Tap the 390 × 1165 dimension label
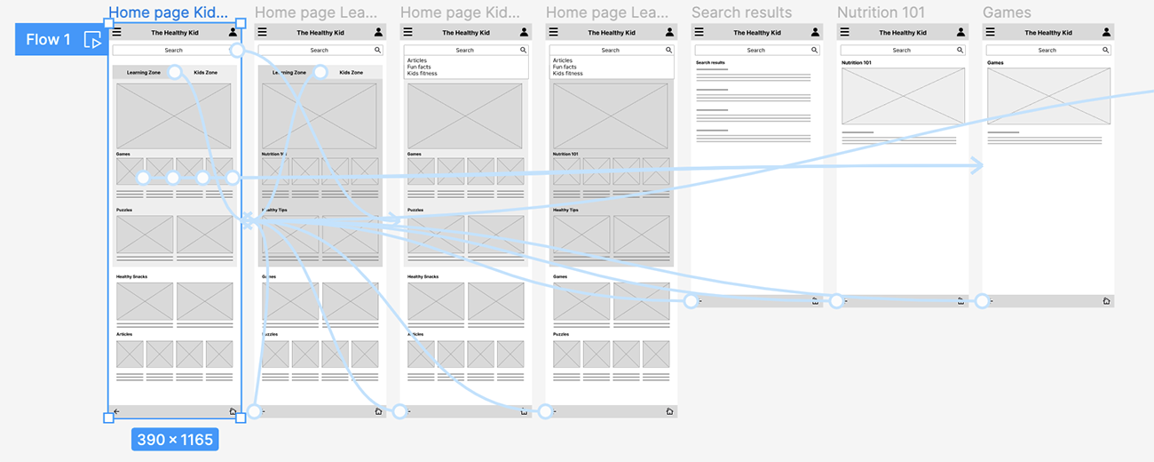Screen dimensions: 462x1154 [x=175, y=439]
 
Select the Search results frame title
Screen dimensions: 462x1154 [x=741, y=12]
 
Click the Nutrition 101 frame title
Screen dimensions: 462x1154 [x=881, y=12]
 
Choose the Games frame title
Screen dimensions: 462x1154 [x=1007, y=12]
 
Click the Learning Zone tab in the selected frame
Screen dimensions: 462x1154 [x=144, y=72]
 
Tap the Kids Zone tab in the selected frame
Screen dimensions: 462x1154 [x=205, y=72]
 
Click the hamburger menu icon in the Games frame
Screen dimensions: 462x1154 [x=990, y=32]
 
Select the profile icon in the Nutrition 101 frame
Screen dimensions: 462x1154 [x=960, y=32]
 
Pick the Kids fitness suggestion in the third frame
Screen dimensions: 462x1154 [x=422, y=74]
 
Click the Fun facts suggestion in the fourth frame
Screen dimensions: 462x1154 [x=565, y=68]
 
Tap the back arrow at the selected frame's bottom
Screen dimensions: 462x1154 [x=116, y=411]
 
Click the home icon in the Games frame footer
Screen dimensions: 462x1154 [x=1106, y=301]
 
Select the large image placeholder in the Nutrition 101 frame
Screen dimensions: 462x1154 [x=903, y=96]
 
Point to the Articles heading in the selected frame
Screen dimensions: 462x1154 [x=124, y=334]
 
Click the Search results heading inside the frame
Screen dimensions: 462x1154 [x=710, y=63]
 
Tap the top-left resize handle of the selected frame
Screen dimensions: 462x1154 [x=108, y=22]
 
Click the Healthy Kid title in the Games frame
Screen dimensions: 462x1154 [x=1047, y=32]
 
